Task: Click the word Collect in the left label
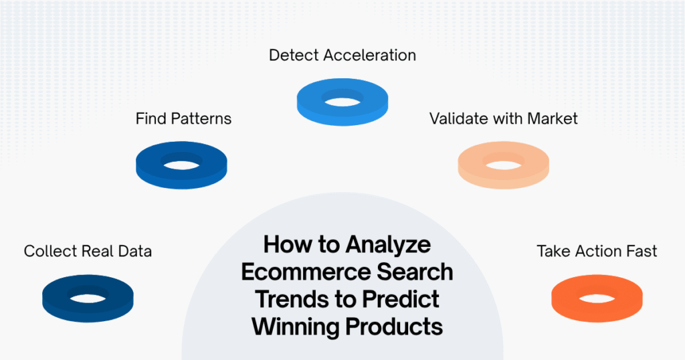[x=50, y=252]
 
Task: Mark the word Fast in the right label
[x=642, y=252]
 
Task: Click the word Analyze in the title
[x=388, y=245]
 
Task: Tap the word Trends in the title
[x=294, y=299]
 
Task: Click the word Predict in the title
[x=402, y=299]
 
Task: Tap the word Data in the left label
[x=136, y=252]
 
